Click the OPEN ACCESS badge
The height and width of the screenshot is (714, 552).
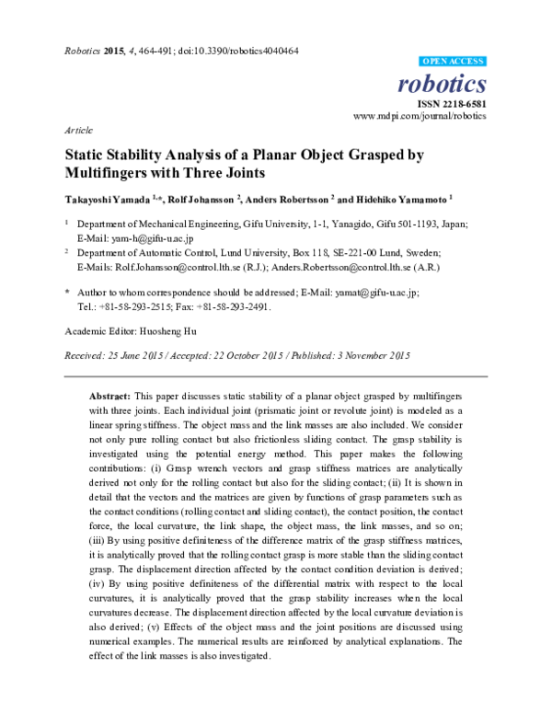(452, 61)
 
